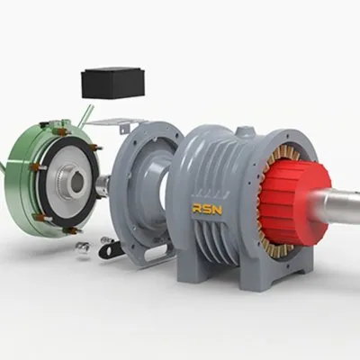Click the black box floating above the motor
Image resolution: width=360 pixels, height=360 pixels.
coord(112,84)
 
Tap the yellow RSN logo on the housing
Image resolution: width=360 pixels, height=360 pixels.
coord(207,209)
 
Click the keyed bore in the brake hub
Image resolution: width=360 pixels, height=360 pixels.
coord(77,183)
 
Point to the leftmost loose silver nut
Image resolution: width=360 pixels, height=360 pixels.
coord(82,247)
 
